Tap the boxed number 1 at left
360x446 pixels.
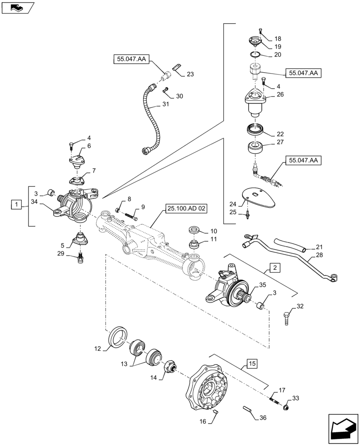16,205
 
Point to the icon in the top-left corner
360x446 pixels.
18,8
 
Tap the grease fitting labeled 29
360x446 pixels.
81,258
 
